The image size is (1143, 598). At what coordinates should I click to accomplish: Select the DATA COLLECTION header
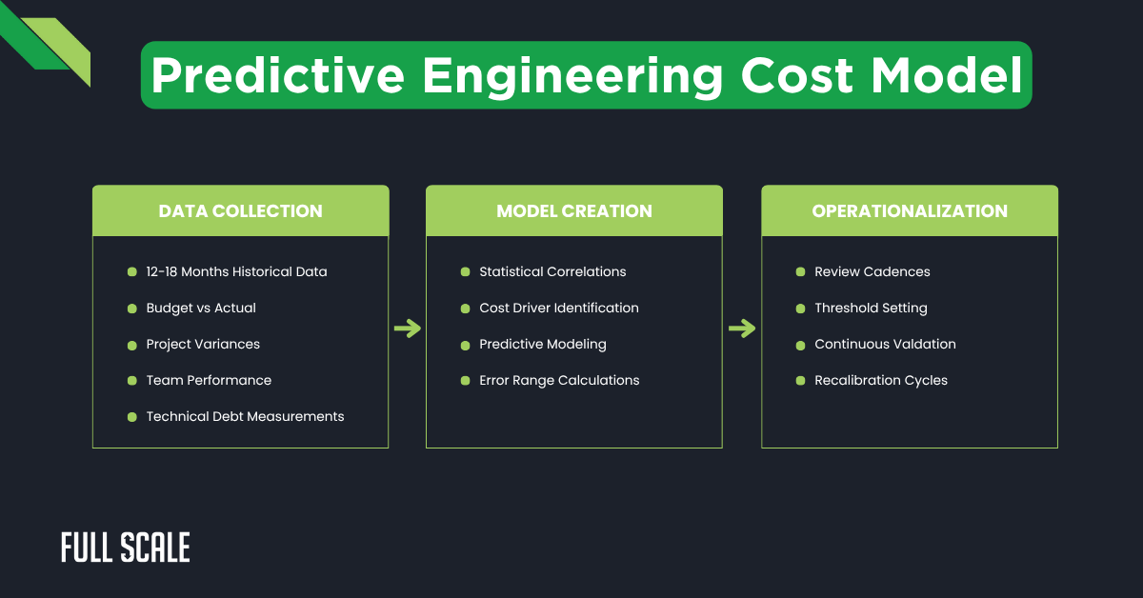coord(240,211)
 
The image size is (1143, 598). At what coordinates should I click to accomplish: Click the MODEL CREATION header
coord(574,211)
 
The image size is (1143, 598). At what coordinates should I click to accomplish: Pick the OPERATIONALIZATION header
coord(910,211)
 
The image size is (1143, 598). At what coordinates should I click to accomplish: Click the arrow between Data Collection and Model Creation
coord(408,329)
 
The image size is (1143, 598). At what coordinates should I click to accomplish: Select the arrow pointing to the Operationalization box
coord(742,329)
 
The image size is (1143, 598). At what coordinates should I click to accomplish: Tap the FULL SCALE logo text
coord(126,548)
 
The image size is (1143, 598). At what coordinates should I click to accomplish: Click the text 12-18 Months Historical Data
coord(236,272)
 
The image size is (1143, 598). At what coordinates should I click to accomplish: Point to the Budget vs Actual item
coord(201,309)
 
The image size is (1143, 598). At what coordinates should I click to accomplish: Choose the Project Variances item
coord(203,345)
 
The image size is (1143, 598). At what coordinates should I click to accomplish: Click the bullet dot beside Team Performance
coord(131,381)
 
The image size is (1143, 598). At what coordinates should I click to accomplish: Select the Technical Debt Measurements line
coord(245,417)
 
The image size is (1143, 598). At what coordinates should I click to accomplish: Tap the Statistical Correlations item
coord(552,272)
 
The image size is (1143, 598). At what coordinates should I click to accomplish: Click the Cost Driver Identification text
coord(559,309)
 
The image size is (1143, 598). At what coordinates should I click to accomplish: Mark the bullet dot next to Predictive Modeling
coord(465,345)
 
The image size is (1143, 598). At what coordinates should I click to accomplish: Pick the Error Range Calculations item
coord(559,381)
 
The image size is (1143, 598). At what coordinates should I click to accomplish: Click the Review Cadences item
coord(872,272)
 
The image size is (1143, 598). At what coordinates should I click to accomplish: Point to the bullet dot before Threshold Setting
coord(800,309)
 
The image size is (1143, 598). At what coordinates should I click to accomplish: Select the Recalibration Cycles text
coord(881,381)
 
